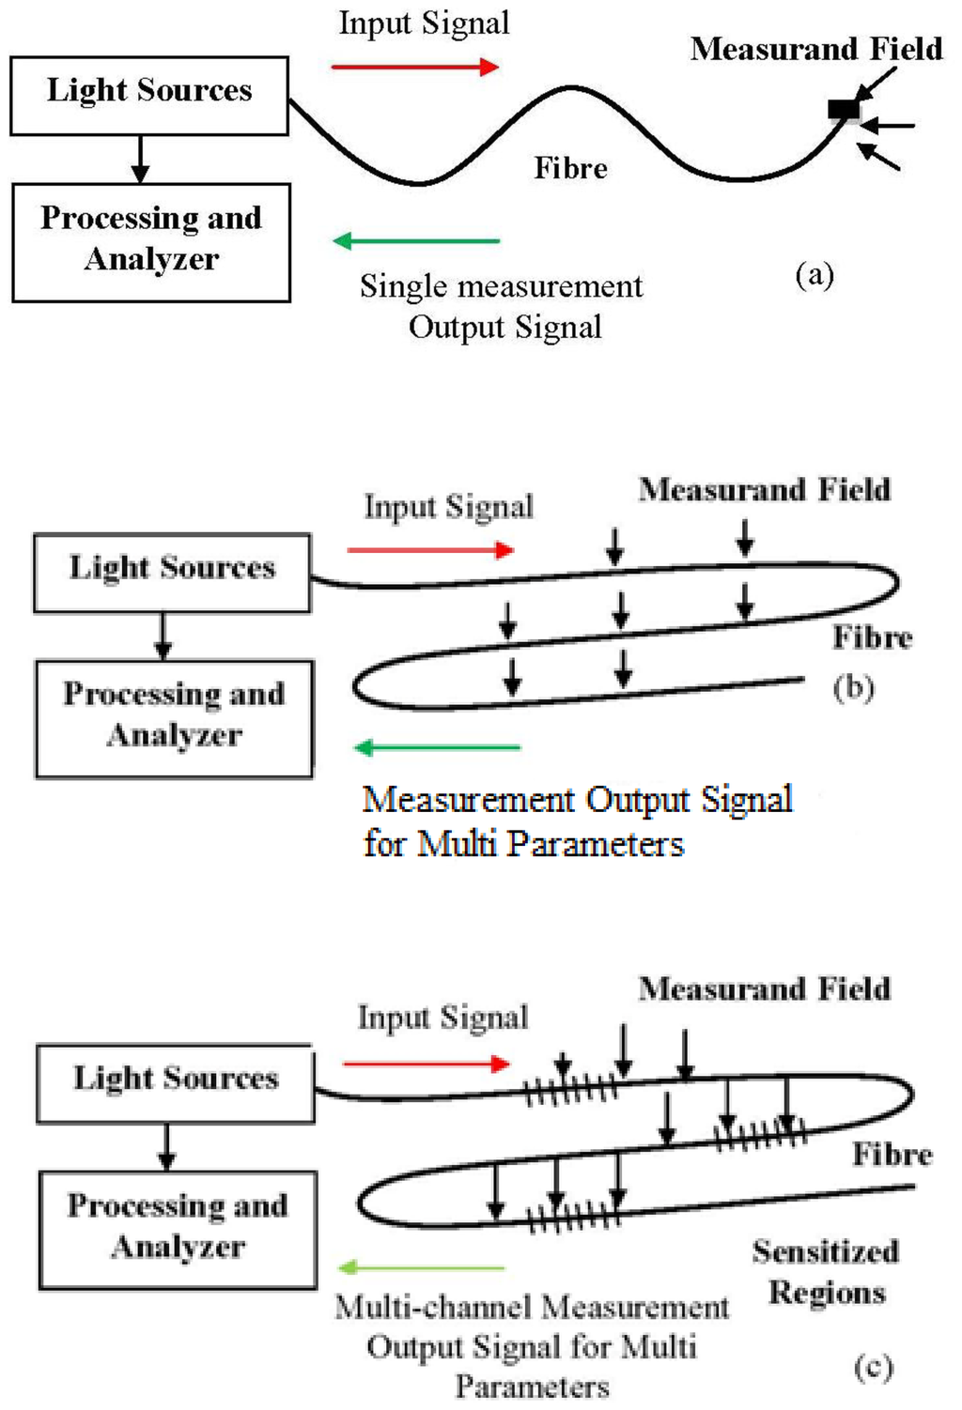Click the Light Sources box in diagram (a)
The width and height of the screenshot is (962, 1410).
pos(149,95)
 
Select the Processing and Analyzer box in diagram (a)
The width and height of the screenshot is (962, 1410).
pos(151,242)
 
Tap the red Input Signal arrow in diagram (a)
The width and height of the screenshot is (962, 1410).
pos(414,67)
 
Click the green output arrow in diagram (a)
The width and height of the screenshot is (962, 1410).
pos(416,241)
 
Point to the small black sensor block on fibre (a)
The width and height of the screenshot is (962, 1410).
pos(844,110)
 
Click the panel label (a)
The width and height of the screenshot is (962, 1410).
pos(814,274)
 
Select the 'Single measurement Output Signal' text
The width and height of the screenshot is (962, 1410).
pos(502,306)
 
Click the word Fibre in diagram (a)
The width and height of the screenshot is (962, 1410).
pos(570,168)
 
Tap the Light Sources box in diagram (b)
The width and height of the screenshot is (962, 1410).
pos(172,573)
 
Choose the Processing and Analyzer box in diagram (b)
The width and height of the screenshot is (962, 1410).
pos(174,719)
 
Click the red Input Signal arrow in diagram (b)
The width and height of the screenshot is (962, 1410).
pos(430,550)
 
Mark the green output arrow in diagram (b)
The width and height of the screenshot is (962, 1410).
pos(437,747)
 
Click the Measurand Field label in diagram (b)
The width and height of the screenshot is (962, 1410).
pos(764,489)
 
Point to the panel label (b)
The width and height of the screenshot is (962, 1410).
pos(853,687)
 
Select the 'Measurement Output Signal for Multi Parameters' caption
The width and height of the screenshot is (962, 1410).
pos(577,820)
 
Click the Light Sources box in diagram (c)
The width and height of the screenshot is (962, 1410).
pos(176,1083)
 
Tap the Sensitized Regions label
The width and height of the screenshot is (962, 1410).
pos(826,1271)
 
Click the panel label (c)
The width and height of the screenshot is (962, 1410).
pos(873,1367)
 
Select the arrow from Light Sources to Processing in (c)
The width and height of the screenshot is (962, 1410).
pos(166,1146)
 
